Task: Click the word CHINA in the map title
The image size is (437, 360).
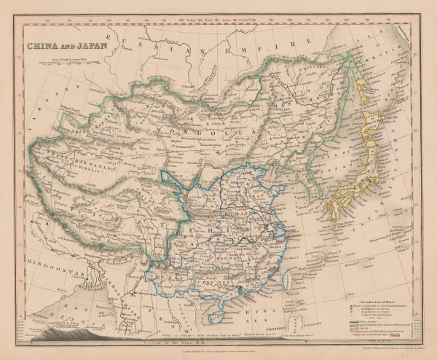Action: (x=42, y=46)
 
